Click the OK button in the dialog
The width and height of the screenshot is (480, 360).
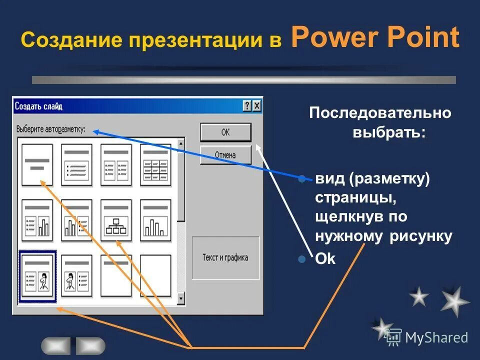[225, 132]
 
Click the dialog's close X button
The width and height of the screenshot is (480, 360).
[256, 106]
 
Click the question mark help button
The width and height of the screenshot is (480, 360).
[247, 106]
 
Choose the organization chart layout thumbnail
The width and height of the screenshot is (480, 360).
[116, 220]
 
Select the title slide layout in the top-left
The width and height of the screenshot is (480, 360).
[37, 164]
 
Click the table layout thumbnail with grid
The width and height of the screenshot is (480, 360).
[155, 164]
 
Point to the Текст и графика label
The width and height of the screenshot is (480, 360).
[225, 258]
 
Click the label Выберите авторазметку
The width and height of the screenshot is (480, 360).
[51, 129]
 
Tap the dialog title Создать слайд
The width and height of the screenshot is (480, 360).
[38, 106]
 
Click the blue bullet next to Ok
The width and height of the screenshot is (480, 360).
[301, 259]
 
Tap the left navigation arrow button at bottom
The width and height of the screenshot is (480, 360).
[55, 345]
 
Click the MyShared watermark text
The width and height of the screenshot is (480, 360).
[436, 338]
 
